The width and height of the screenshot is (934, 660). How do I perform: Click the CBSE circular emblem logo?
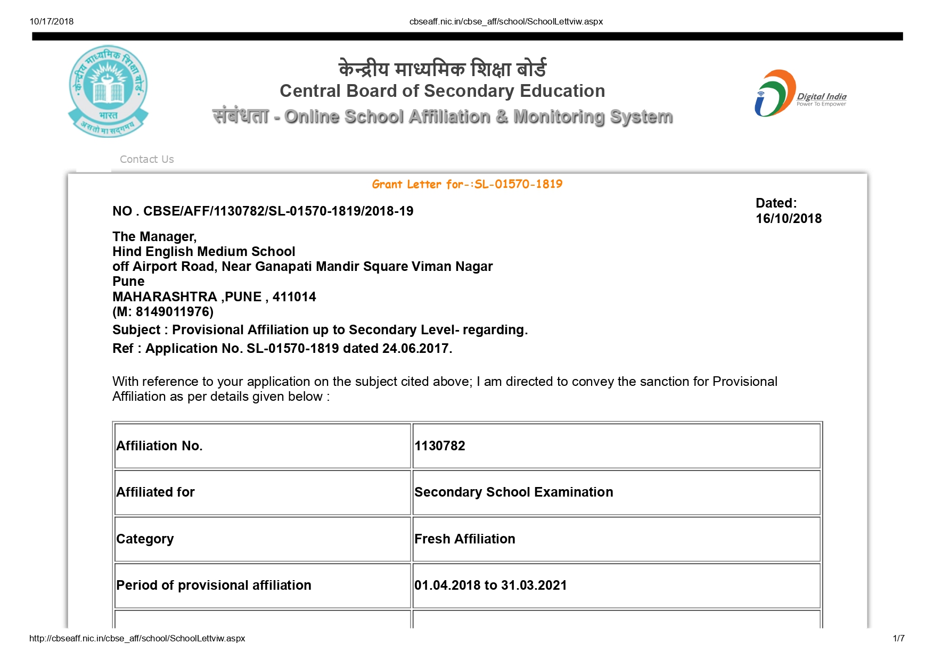pyautogui.click(x=108, y=90)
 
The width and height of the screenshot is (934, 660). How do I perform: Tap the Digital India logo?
pyautogui.click(x=800, y=94)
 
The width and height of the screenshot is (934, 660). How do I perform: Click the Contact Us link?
pyautogui.click(x=146, y=159)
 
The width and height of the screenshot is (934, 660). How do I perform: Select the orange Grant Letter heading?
pyautogui.click(x=467, y=184)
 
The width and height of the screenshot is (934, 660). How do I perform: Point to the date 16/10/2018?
pyautogui.click(x=788, y=219)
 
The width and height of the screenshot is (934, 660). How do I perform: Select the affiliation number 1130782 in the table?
pyautogui.click(x=440, y=446)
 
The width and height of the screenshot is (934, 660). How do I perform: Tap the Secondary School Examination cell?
pyautogui.click(x=513, y=492)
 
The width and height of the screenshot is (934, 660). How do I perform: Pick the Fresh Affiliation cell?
pyautogui.click(x=464, y=539)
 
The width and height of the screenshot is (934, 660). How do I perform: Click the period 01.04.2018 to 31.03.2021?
pyautogui.click(x=490, y=585)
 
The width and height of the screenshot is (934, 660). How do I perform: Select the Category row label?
pyautogui.click(x=145, y=539)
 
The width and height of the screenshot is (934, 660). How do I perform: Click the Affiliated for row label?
pyautogui.click(x=155, y=492)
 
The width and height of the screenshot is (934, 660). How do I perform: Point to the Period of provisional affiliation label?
pyautogui.click(x=214, y=585)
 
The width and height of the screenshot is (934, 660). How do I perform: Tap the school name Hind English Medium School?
pyautogui.click(x=203, y=252)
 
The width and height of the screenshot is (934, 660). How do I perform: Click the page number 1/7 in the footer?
pyautogui.click(x=898, y=638)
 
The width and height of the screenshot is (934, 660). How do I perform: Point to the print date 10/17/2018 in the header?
pyautogui.click(x=52, y=22)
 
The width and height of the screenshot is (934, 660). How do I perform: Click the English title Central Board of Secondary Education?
pyautogui.click(x=442, y=91)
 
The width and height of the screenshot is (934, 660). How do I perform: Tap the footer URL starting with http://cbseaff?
pyautogui.click(x=137, y=638)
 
